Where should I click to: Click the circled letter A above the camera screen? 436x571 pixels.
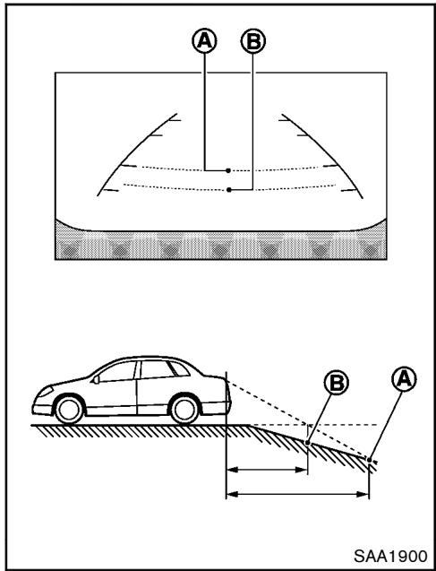(x=205, y=40)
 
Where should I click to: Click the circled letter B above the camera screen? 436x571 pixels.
(x=254, y=40)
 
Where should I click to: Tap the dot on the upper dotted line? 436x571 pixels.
(x=229, y=169)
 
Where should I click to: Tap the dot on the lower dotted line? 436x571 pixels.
(x=229, y=189)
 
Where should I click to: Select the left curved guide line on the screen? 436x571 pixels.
(x=133, y=147)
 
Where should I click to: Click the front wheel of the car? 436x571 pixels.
(x=67, y=409)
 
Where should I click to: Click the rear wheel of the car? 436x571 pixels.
(x=184, y=409)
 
